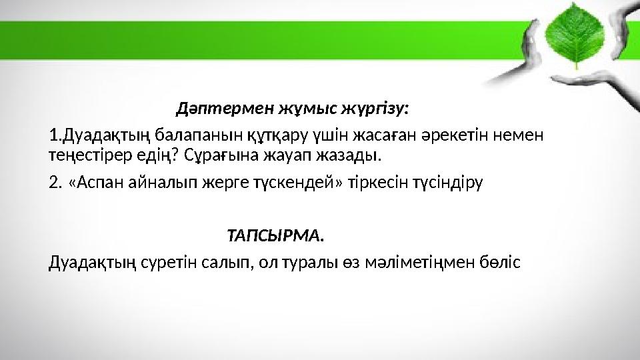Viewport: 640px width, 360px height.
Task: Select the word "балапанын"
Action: [x=186, y=136]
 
